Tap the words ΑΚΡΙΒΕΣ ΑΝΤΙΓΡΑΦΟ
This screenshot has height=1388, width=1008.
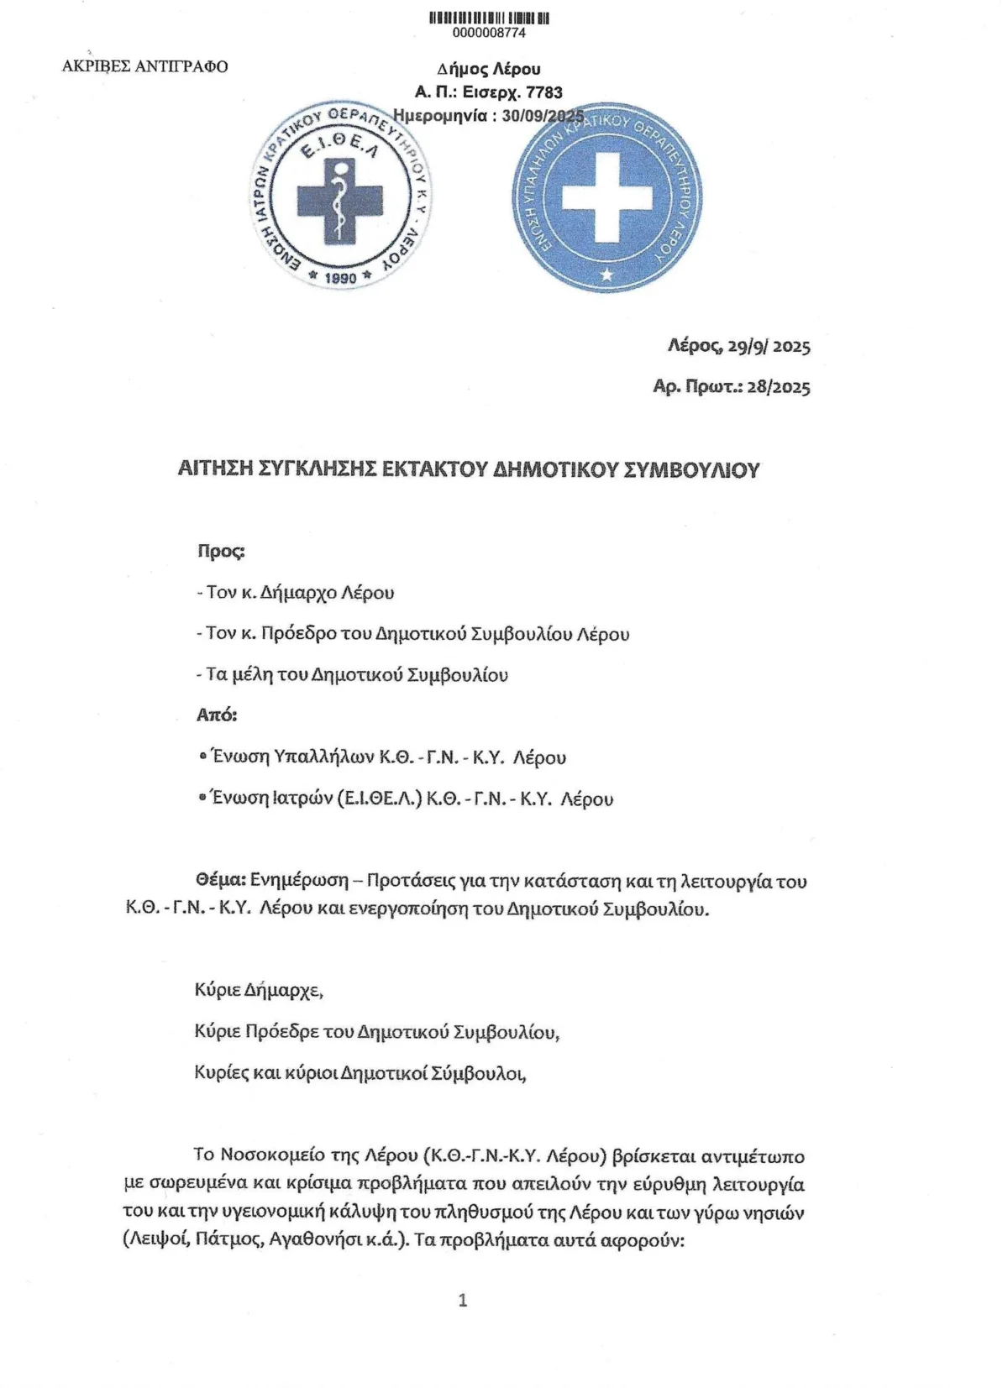tap(144, 67)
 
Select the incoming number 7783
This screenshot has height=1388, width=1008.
tap(543, 92)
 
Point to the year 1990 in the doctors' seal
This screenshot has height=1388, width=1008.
tap(340, 278)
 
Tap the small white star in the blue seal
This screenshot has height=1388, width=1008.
tap(608, 274)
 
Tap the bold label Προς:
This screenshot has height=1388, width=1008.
tap(221, 552)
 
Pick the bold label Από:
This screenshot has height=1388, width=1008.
tap(217, 715)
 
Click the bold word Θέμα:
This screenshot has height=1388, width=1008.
tap(220, 881)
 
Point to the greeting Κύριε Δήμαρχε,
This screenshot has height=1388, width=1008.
tap(259, 989)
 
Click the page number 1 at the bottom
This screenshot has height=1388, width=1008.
tap(462, 1301)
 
